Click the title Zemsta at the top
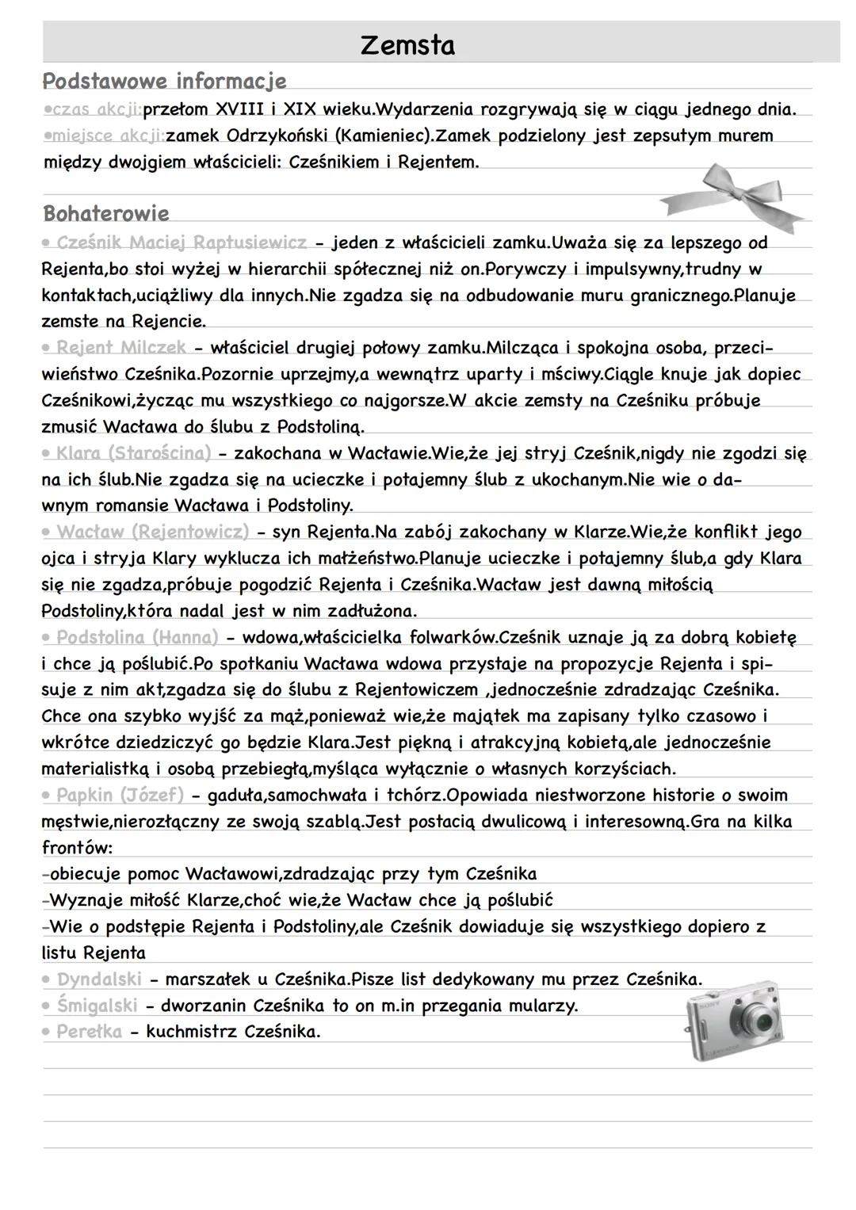[x=407, y=45]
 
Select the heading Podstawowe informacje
[x=164, y=82]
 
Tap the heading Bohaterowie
[x=106, y=214]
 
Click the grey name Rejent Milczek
[x=121, y=347]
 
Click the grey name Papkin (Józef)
[x=120, y=795]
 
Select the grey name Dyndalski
[x=99, y=979]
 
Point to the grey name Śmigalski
[x=97, y=1006]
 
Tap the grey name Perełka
[x=89, y=1032]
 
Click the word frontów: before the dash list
[x=77, y=848]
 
